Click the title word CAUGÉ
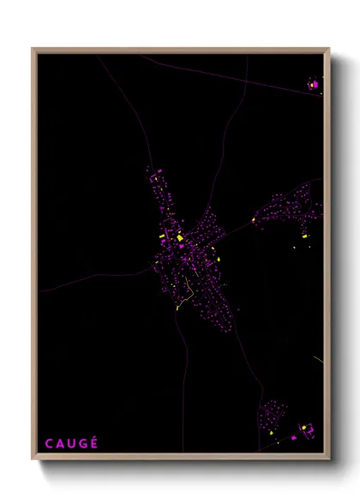point(71,443)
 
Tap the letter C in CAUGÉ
point(48,443)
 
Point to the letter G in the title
point(83,443)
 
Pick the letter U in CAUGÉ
point(71,443)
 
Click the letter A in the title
point(59,443)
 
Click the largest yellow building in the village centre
point(180,238)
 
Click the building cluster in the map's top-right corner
point(314,85)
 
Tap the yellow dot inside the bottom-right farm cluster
point(301,426)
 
